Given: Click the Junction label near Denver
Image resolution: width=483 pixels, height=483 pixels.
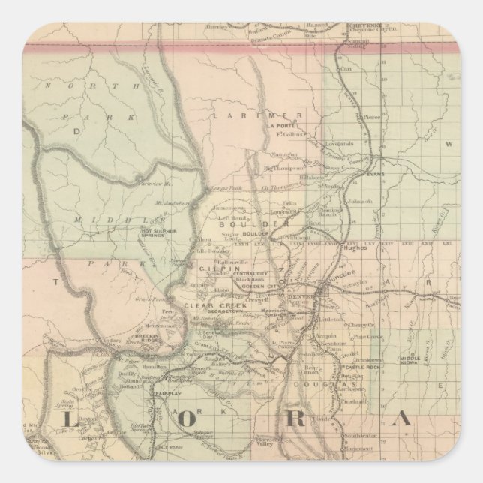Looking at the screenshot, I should point(336,283).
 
